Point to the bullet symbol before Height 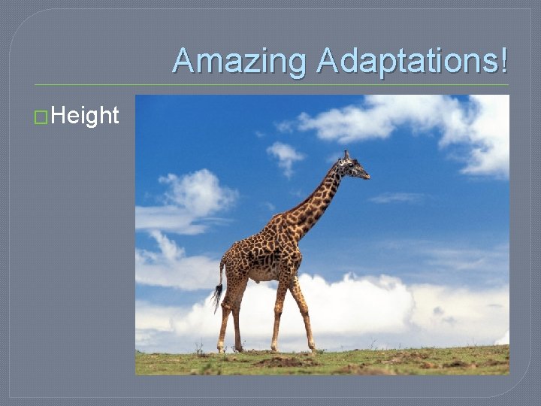42,117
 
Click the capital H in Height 59,116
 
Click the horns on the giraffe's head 346,153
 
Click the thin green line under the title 270,85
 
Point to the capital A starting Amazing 182,62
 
